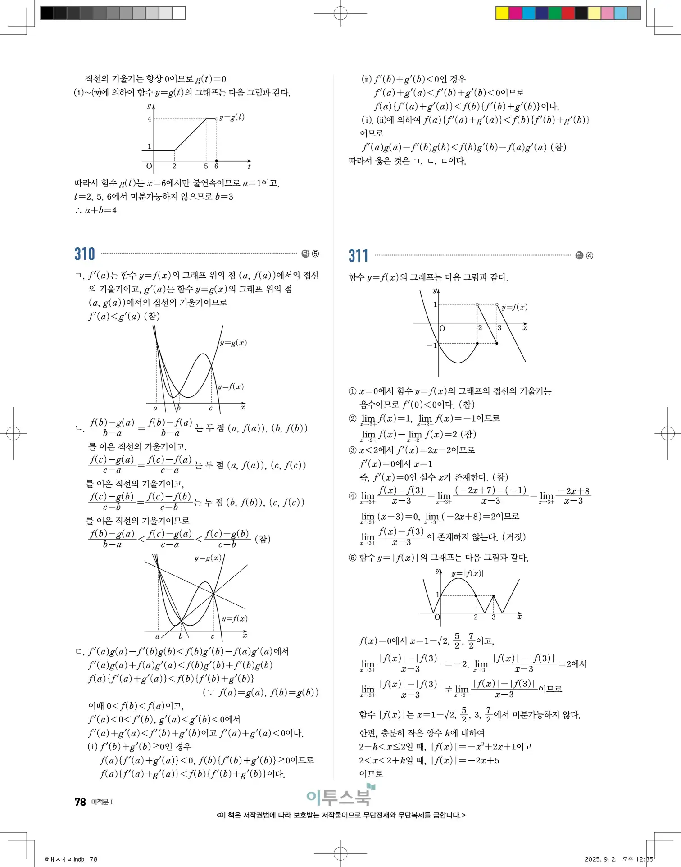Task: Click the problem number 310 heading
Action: (85, 254)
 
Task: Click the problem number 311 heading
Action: (358, 256)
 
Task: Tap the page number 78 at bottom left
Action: (80, 802)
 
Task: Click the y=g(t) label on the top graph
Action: (232, 117)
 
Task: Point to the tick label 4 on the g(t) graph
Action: (150, 119)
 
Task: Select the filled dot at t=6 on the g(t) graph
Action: (217, 161)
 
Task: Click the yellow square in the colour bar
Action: (502, 13)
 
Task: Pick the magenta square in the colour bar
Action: (515, 13)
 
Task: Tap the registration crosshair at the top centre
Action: (340, 14)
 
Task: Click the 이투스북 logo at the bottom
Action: (340, 796)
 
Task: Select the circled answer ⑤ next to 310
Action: (315, 254)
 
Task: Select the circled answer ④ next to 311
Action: (589, 256)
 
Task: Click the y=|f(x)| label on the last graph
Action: (467, 573)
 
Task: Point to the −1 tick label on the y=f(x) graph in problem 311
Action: (431, 345)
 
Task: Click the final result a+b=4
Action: (101, 210)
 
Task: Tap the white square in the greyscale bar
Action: (179, 13)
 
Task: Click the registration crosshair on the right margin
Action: (667, 434)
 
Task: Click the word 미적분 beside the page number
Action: (100, 802)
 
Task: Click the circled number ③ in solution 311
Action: (353, 450)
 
